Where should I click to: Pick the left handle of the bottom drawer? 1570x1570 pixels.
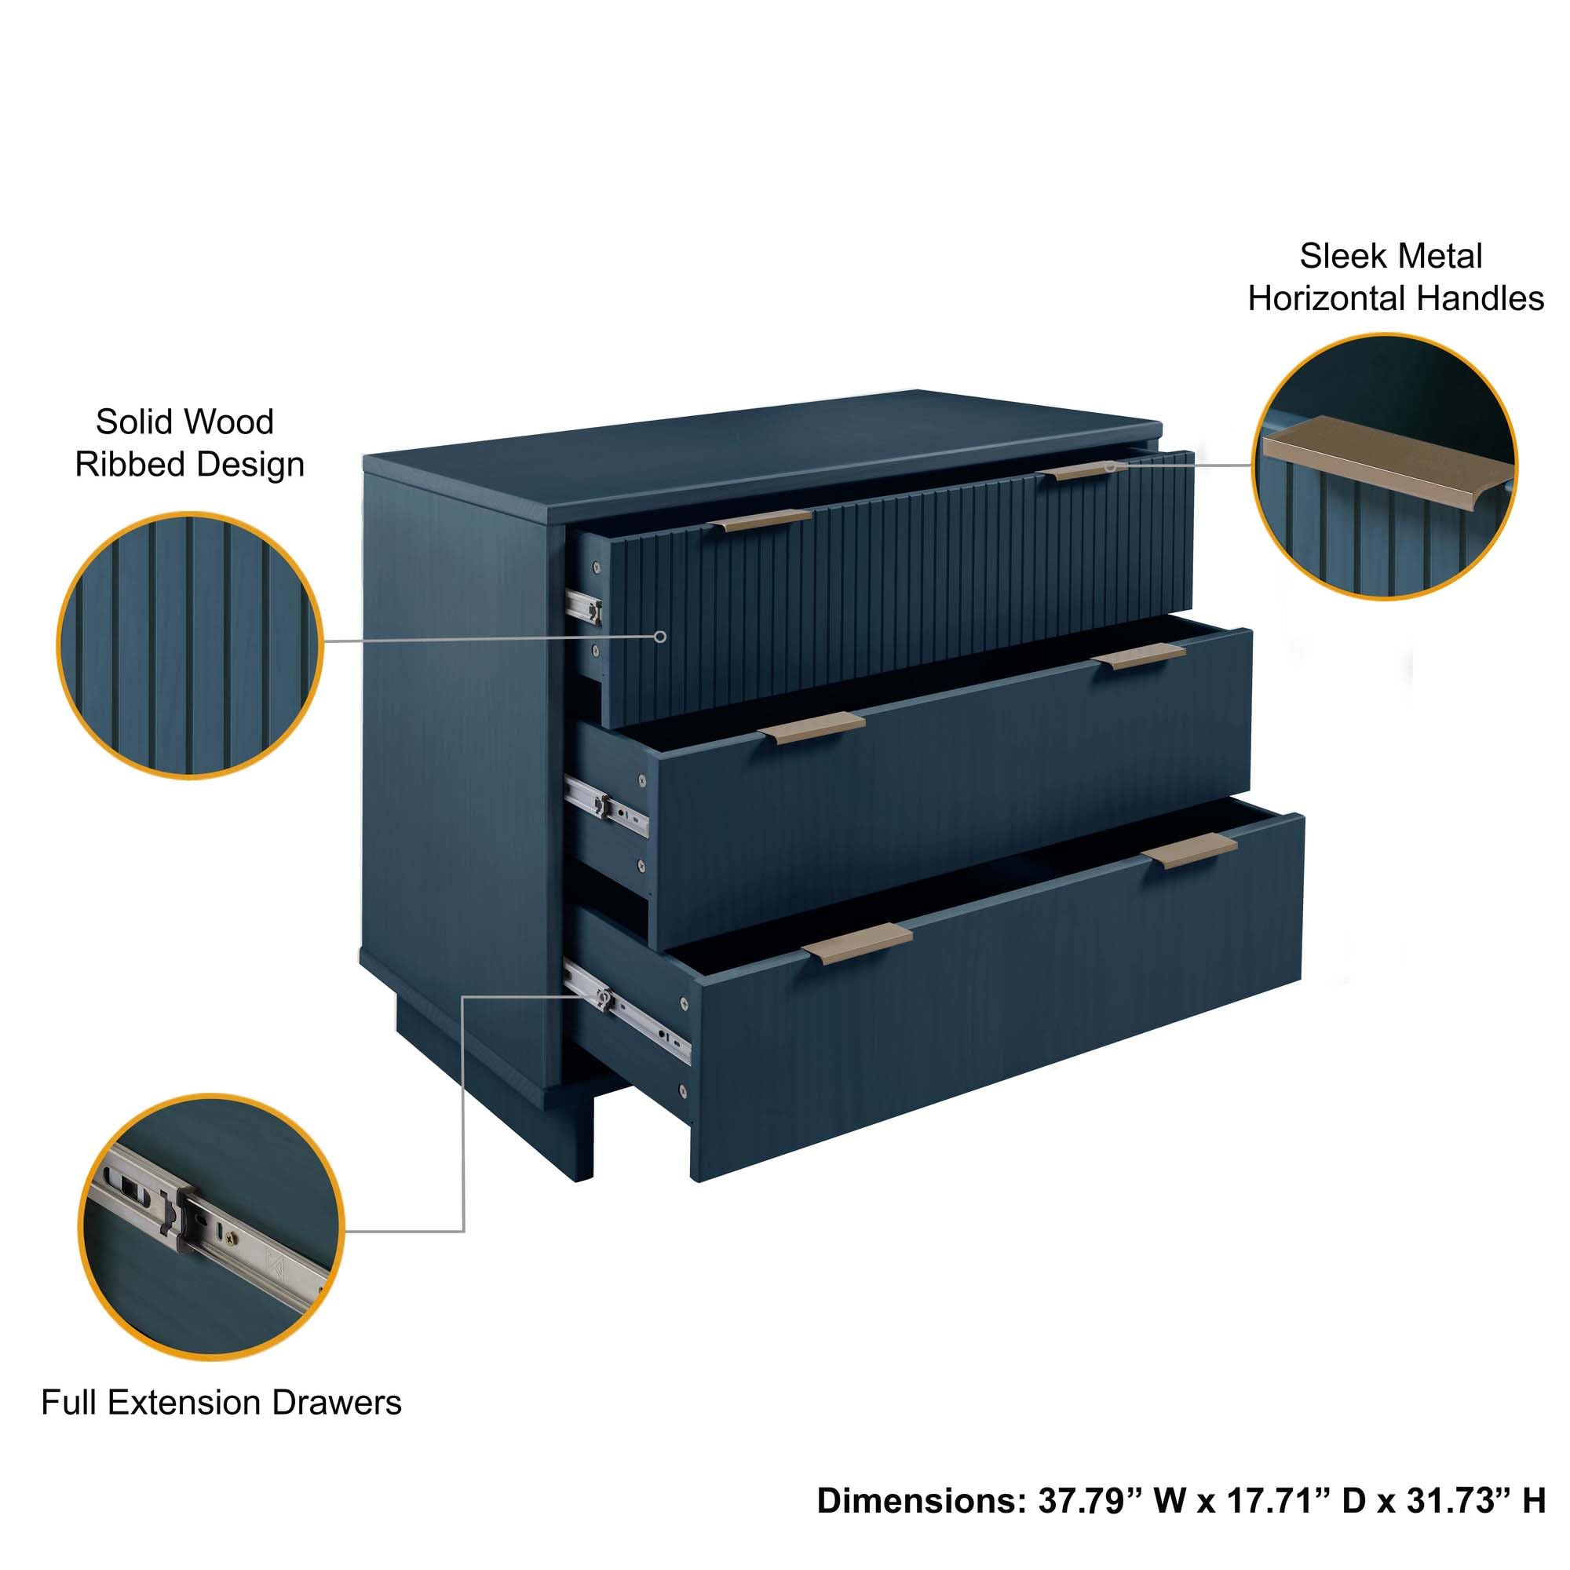pyautogui.click(x=856, y=945)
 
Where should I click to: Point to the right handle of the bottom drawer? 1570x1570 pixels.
pyautogui.click(x=1188, y=850)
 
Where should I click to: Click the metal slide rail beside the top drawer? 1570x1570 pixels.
pyautogui.click(x=583, y=606)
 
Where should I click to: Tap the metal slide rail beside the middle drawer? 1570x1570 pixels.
pyautogui.click(x=605, y=804)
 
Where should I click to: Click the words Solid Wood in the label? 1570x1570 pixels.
pyautogui.click(x=184, y=422)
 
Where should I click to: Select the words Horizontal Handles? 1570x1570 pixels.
pyautogui.click(x=1395, y=299)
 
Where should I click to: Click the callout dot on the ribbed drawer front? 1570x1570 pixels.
pyautogui.click(x=661, y=637)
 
